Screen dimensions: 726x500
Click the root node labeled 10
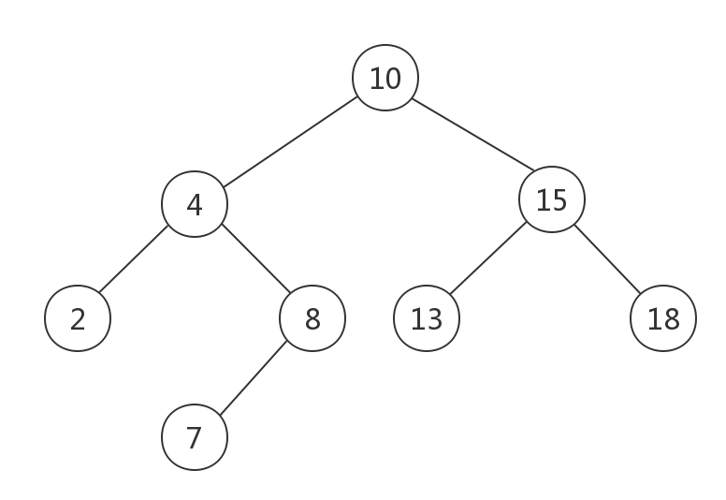[385, 78]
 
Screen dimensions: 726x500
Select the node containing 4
[195, 204]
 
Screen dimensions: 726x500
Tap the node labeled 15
[552, 199]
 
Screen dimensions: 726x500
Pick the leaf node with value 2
[78, 318]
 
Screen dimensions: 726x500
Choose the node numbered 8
[312, 318]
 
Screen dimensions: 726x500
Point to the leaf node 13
[427, 318]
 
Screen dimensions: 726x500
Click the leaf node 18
[663, 318]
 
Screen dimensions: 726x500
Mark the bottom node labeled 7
[195, 437]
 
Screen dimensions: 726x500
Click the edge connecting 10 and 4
[290, 141]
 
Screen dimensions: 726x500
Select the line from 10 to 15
[472, 135]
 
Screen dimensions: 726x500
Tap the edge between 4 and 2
[134, 259]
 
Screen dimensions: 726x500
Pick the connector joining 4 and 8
[256, 258]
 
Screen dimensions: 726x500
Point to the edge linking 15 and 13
[488, 258]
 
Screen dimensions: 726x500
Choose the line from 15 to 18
[607, 259]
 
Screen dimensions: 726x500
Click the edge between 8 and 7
[254, 378]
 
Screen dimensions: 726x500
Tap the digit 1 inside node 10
[376, 79]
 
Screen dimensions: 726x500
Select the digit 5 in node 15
[559, 200]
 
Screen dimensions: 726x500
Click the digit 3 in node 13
[434, 319]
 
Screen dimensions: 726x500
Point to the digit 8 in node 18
[672, 319]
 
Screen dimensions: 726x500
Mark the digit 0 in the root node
[393, 79]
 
